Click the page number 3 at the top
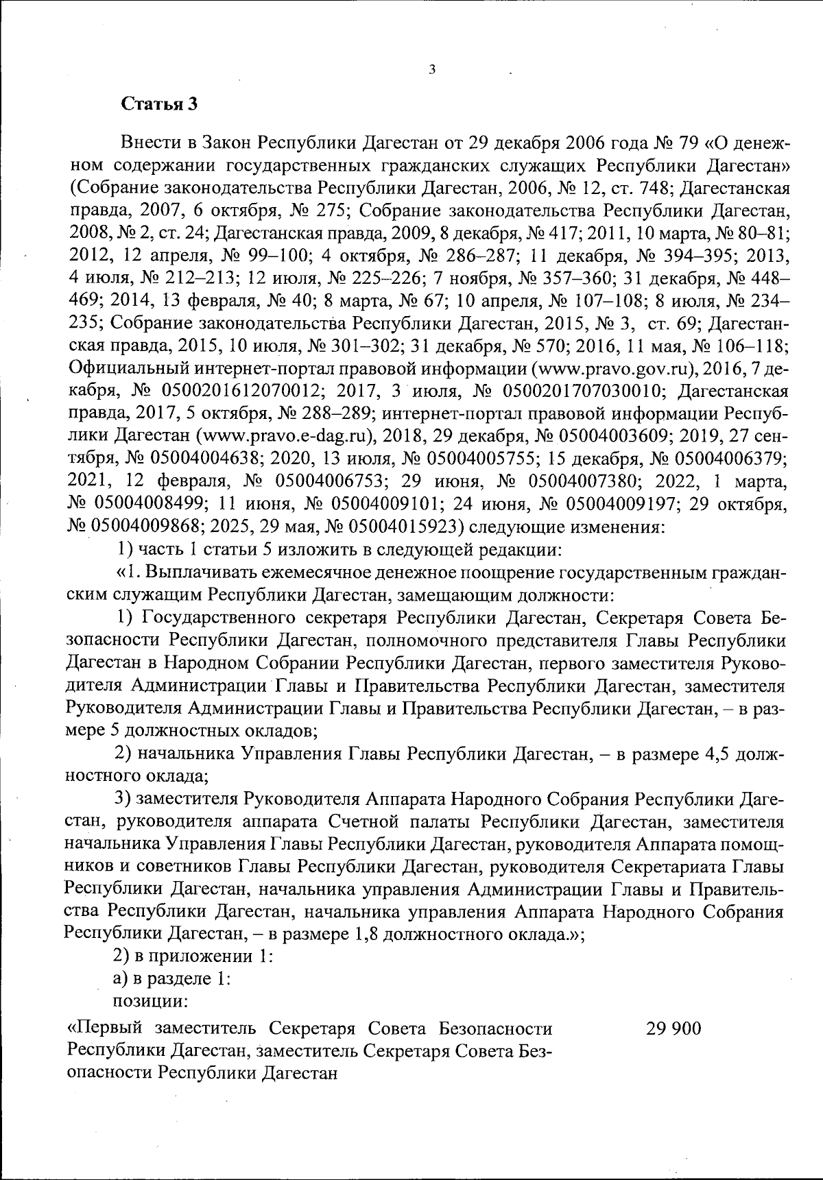click(x=431, y=69)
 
